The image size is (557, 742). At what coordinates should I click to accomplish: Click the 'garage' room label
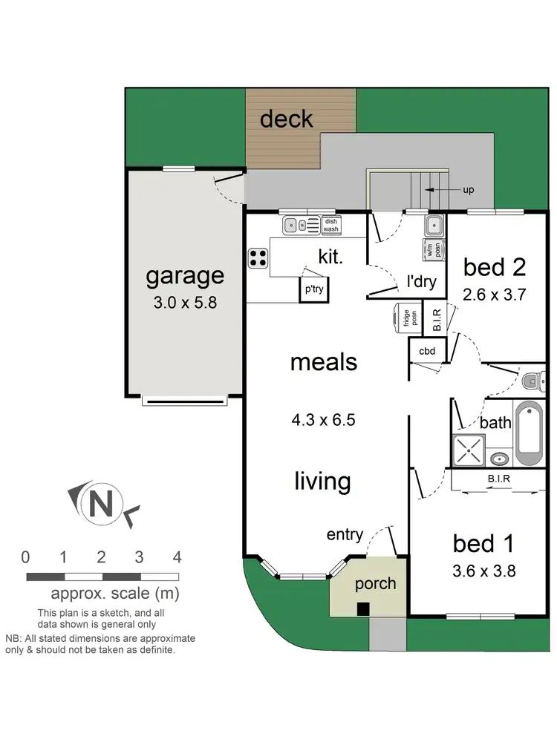(x=184, y=276)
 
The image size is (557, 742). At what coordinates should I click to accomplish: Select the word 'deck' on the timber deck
(x=286, y=119)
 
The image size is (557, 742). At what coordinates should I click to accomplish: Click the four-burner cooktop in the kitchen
(x=258, y=257)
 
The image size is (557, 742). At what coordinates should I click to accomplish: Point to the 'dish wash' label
(x=330, y=225)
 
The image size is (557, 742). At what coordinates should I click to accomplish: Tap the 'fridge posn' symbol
(x=405, y=318)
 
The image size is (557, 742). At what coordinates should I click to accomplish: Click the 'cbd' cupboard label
(x=427, y=351)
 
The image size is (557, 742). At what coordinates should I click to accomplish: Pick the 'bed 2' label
(x=495, y=266)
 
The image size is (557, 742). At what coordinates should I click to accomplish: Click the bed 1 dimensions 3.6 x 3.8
(x=484, y=571)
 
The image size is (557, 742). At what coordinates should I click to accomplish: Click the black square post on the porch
(x=362, y=609)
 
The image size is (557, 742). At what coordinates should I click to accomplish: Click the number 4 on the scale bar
(x=177, y=556)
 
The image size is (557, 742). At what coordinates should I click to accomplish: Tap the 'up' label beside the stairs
(x=468, y=190)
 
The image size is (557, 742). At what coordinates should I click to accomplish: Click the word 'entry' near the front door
(x=345, y=534)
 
